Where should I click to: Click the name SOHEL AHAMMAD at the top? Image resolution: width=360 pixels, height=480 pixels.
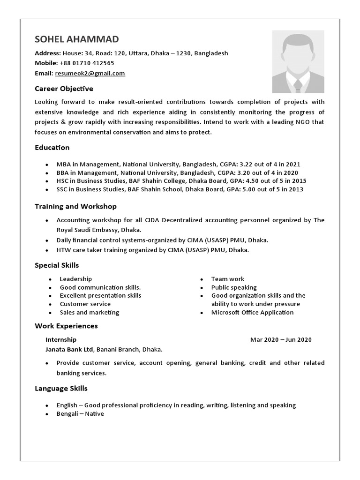coord(77,39)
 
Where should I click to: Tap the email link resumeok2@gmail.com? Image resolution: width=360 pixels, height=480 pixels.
coord(90,73)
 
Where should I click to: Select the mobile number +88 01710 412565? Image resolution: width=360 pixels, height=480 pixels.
coord(87,63)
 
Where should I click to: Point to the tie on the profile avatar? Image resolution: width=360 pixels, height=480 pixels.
coord(298,86)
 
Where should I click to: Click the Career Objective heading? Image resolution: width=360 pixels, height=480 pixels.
coord(64,89)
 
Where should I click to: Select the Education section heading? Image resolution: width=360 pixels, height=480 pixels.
coord(52,148)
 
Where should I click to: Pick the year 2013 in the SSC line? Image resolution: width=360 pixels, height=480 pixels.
coord(295,189)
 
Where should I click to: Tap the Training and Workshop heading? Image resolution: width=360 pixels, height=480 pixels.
coord(75,206)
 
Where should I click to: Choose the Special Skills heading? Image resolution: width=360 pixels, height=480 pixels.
coord(57,265)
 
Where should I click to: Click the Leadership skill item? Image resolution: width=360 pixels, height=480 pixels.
coord(75,279)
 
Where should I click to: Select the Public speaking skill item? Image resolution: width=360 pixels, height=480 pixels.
coord(234,287)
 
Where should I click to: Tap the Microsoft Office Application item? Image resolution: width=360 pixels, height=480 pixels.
coord(252,312)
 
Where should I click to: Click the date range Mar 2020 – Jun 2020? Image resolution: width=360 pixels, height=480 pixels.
coord(281,339)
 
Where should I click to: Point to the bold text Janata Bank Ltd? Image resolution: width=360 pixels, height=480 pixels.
coord(70,349)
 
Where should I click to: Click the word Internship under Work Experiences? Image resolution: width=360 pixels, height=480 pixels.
coord(61,339)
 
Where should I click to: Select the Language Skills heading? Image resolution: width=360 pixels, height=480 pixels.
coord(61,388)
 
